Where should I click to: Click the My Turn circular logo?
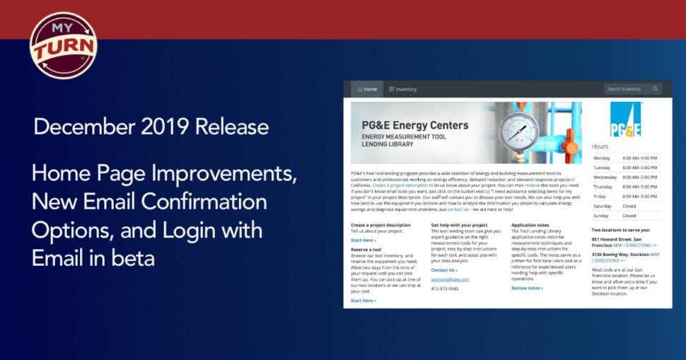tap(64, 45)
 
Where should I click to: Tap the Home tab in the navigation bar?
tap(367, 89)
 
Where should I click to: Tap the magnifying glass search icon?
tap(656, 89)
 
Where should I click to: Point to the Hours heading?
tap(600, 146)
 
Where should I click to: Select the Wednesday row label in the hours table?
tap(605, 177)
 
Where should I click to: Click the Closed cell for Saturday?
tap(629, 206)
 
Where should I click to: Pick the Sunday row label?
tap(601, 216)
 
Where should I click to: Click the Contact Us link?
tap(444, 270)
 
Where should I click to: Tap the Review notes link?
tap(527, 288)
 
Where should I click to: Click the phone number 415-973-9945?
tap(444, 289)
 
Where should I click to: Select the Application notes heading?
tap(530, 225)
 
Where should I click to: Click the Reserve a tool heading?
tap(366, 250)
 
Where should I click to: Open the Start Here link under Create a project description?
tap(363, 240)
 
